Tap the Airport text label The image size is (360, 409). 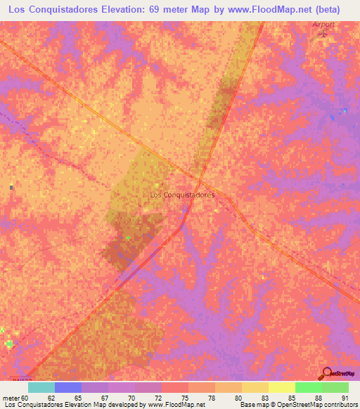coord(323,25)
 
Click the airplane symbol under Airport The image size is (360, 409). coord(324,33)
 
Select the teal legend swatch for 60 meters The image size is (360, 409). coord(41,387)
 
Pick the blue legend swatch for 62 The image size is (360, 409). coord(68,387)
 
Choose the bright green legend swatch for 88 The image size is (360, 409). coord(308,387)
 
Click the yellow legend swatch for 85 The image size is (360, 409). coord(281,387)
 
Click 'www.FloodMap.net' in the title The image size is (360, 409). coord(275,10)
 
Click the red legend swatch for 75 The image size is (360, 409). coord(174,387)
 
